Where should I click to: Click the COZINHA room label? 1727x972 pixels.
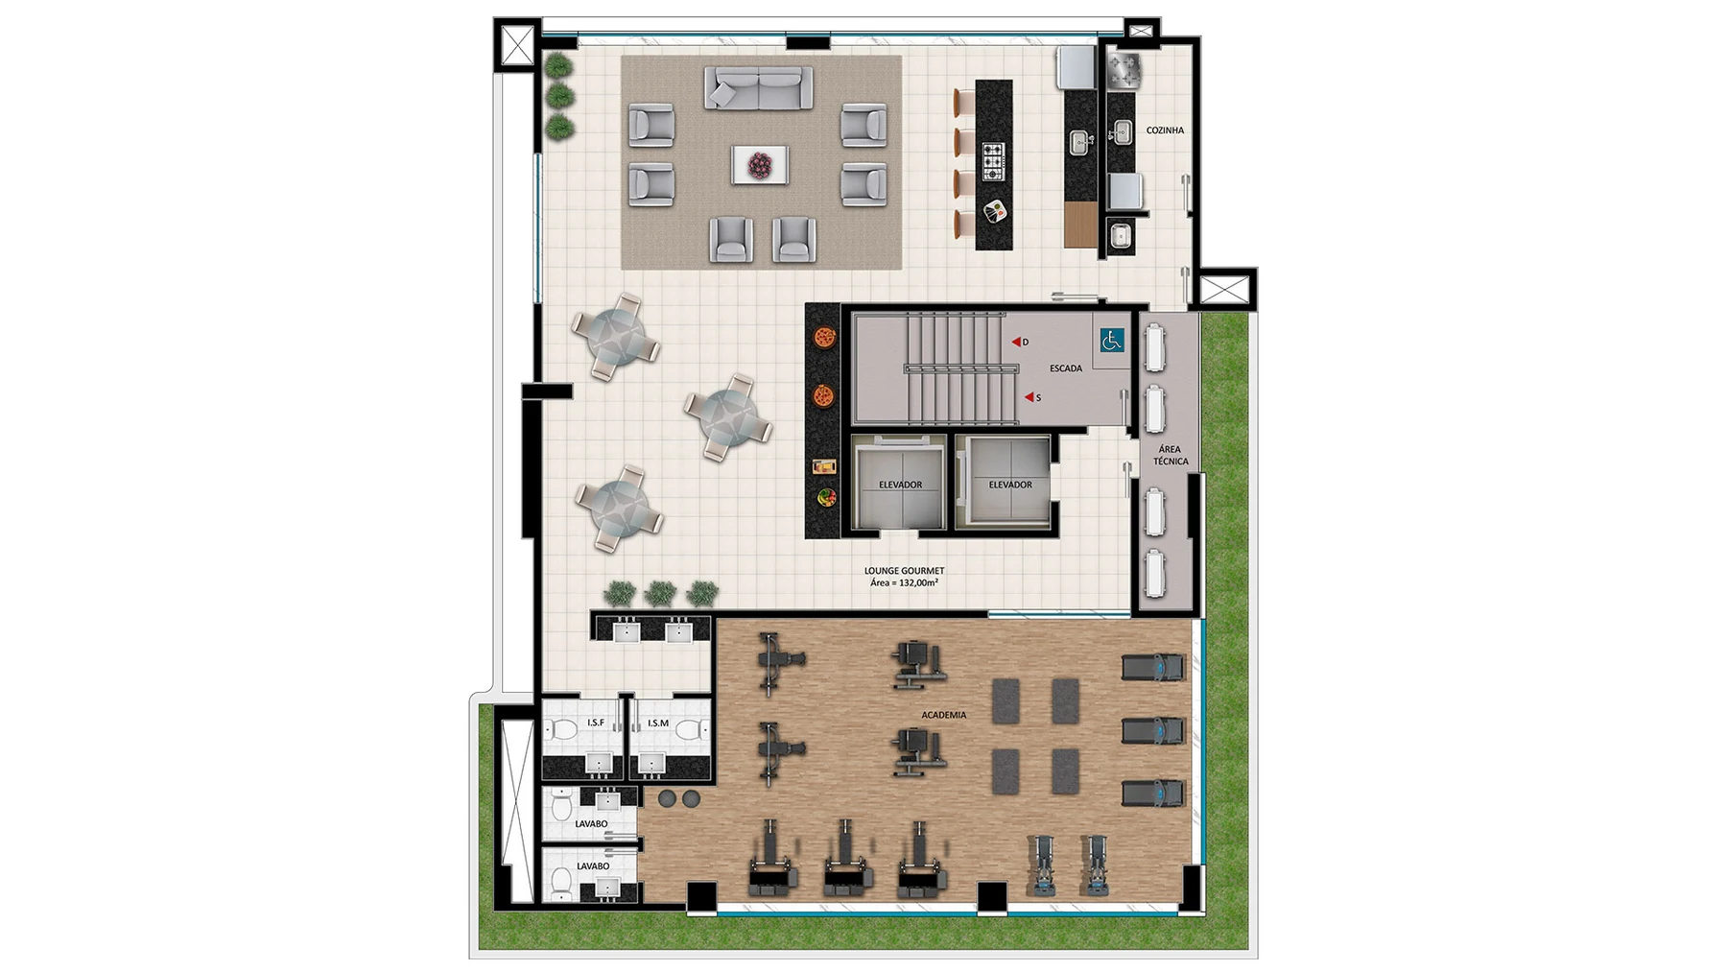1165,130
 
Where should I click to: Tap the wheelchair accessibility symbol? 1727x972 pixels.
1112,341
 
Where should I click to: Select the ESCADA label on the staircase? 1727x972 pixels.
1066,368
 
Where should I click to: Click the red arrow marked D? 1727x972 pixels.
1016,342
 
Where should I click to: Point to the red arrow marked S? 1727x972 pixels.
1029,397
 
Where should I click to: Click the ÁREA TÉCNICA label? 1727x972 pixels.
1171,455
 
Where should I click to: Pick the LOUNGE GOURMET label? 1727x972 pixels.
904,571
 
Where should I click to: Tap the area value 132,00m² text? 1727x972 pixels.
917,582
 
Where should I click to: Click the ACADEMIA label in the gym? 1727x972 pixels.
944,715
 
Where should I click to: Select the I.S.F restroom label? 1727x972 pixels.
596,723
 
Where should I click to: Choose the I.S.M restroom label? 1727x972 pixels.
658,723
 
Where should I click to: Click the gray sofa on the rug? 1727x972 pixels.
759,87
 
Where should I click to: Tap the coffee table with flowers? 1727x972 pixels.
760,164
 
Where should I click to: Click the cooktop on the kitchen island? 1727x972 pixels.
993,160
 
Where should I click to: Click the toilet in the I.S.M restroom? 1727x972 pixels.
688,730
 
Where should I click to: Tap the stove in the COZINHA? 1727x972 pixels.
1124,70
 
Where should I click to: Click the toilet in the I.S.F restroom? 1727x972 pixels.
562,730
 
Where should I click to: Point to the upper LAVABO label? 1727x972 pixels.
592,824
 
